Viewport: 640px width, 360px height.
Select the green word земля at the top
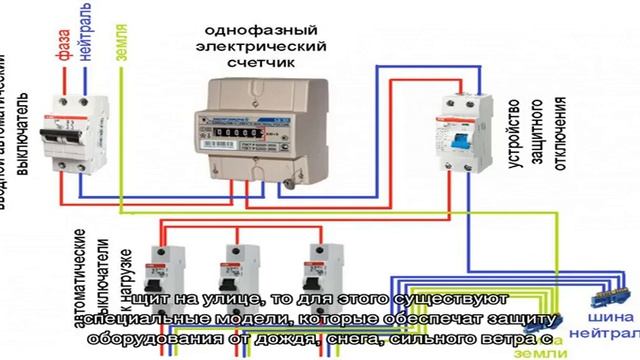point(121,42)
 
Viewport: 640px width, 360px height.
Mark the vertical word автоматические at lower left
point(81,290)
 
